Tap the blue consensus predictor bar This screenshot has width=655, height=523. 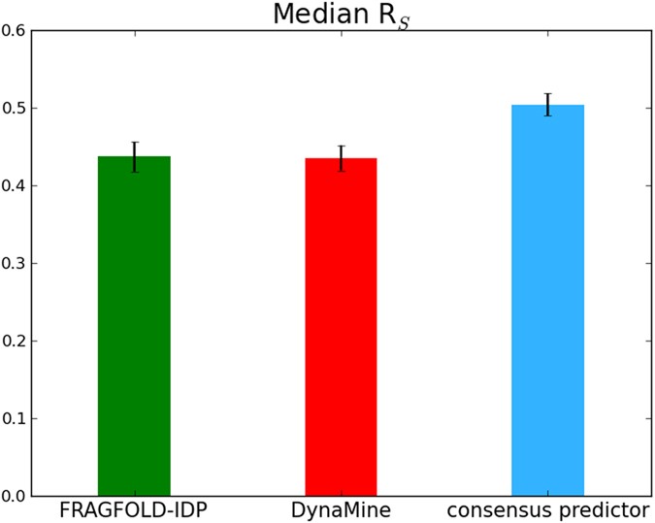[547, 300]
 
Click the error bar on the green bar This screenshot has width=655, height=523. [134, 156]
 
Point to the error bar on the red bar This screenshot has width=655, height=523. [341, 158]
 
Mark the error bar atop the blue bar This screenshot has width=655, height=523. [547, 105]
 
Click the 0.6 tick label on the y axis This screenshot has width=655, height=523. [14, 30]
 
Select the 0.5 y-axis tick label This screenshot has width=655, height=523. [14, 108]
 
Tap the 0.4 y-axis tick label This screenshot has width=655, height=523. [14, 185]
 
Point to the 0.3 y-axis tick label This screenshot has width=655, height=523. [14, 263]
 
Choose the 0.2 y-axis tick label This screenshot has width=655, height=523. [14, 341]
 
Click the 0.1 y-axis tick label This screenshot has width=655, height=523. [14, 418]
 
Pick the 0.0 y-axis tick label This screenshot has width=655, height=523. [14, 496]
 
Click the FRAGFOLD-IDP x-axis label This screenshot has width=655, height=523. [134, 510]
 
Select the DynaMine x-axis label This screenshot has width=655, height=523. [341, 510]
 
